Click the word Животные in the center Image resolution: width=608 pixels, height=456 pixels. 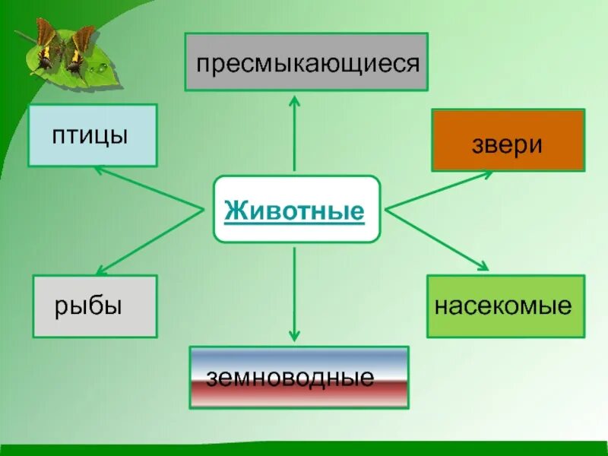pos(295,210)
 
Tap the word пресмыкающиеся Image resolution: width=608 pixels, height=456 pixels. pos(308,63)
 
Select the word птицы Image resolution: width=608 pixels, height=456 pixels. pos(90,137)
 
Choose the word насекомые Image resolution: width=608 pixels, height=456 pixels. pos(503,306)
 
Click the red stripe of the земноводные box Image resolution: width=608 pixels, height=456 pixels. pos(299,396)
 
